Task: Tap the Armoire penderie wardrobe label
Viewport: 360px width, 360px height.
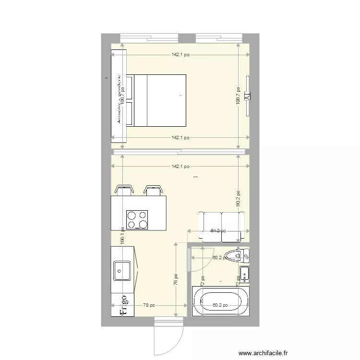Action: click(x=119, y=99)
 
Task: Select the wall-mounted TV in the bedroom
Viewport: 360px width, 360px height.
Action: click(x=248, y=96)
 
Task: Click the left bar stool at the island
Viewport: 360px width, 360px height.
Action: click(x=124, y=190)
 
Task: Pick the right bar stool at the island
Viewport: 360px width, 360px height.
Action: click(x=153, y=190)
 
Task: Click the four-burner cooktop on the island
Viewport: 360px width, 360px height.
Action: click(x=137, y=220)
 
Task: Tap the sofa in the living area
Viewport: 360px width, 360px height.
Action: click(x=222, y=226)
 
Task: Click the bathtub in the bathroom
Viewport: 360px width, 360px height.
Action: click(x=221, y=301)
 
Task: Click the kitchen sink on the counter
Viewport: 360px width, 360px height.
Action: click(x=121, y=271)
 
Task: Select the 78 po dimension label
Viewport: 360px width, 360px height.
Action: click(x=149, y=305)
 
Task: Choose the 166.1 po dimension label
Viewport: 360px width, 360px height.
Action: click(x=123, y=235)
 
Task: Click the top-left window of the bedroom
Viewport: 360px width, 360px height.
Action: click(x=149, y=37)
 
